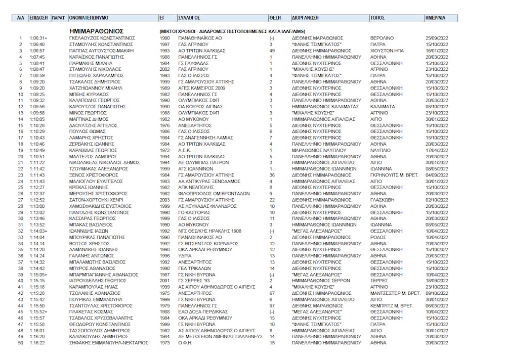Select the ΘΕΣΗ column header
(x=275, y=17)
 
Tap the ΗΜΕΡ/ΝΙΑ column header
(x=435, y=17)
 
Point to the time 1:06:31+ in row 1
(x=38, y=38)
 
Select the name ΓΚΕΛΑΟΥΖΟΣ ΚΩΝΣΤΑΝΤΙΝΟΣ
(x=102, y=38)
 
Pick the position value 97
(x=272, y=306)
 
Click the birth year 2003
(x=165, y=200)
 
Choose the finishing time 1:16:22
(x=37, y=343)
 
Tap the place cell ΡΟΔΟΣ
(x=378, y=237)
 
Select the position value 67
(x=272, y=293)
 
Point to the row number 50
(x=21, y=343)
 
